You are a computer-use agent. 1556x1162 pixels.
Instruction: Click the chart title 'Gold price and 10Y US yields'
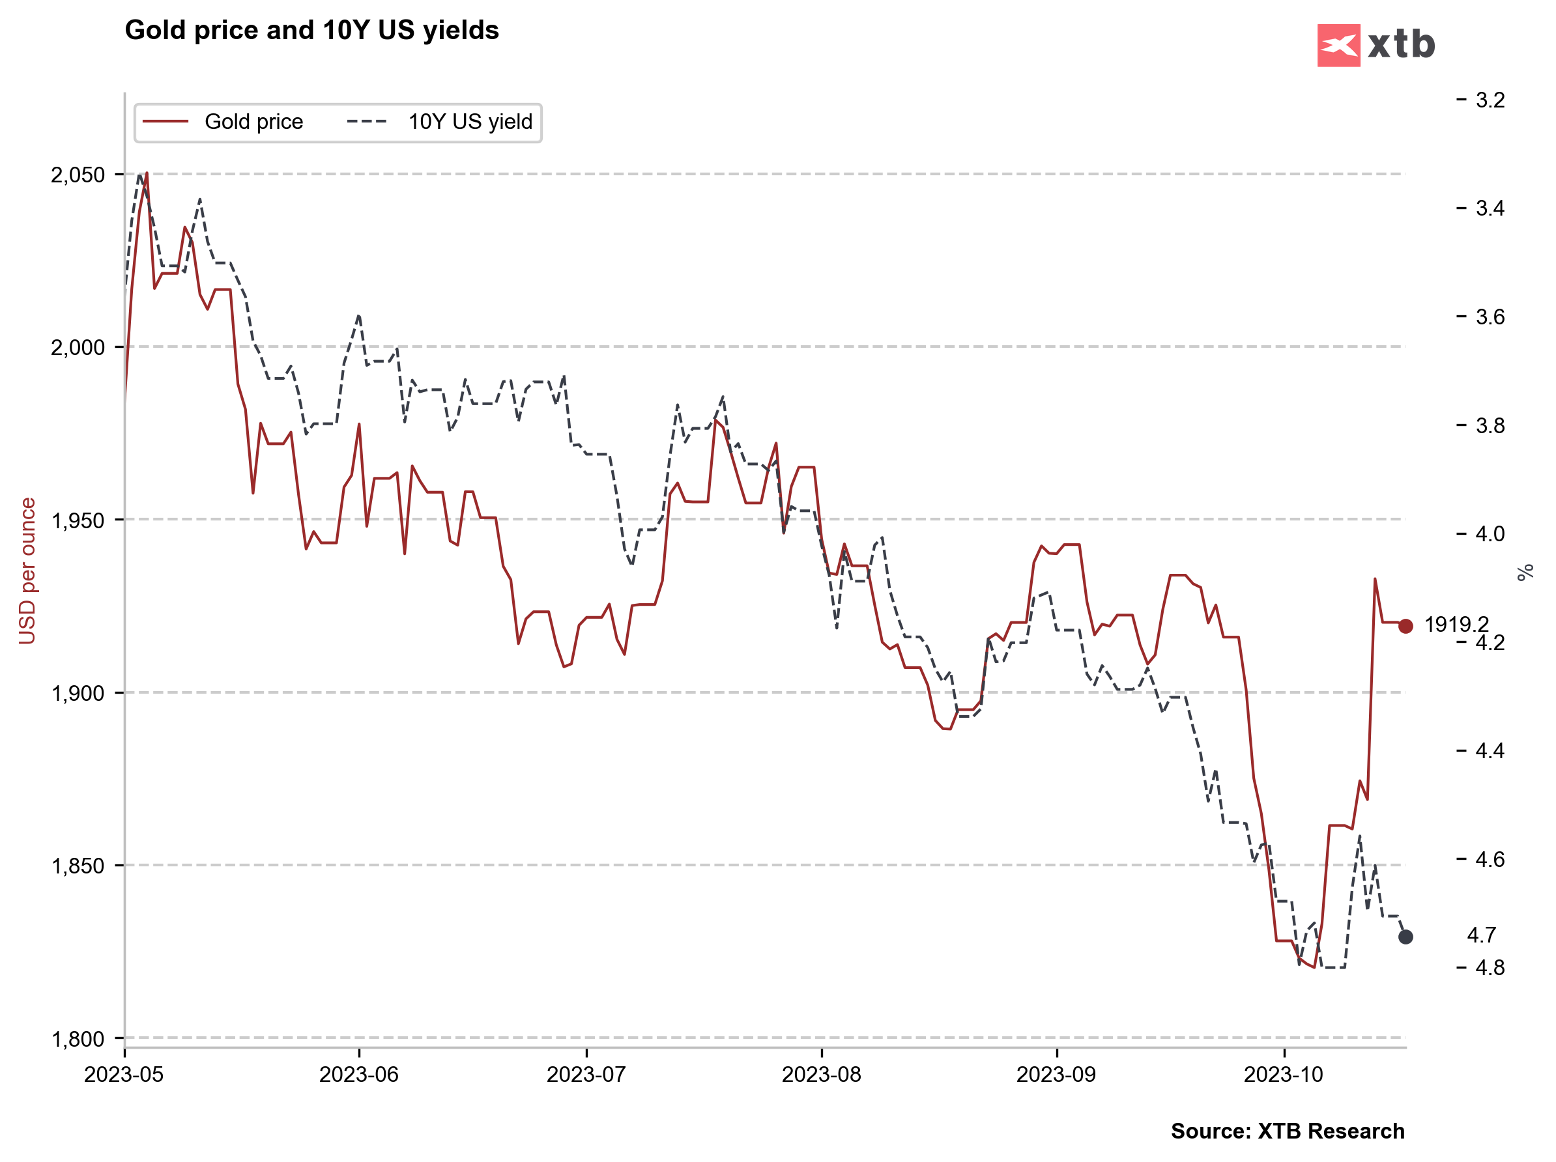[311, 30]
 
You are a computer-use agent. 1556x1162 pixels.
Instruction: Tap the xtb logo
[1376, 45]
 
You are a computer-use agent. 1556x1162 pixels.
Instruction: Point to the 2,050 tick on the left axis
[78, 175]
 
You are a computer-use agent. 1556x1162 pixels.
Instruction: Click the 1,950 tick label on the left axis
[78, 520]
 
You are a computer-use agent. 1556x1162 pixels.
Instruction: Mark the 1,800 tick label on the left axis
[78, 1038]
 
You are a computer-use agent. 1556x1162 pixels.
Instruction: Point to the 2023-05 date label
[124, 1075]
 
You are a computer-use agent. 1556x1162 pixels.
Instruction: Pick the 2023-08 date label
[821, 1075]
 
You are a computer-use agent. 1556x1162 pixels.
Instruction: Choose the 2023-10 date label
[1283, 1075]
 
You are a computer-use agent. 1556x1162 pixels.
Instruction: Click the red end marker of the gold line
[1405, 627]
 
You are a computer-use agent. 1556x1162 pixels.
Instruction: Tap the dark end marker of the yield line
[1405, 937]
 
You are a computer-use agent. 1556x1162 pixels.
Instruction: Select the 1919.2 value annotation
[1456, 624]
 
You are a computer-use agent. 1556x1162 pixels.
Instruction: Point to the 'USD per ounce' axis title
[27, 571]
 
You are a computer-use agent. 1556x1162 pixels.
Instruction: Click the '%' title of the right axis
[1524, 573]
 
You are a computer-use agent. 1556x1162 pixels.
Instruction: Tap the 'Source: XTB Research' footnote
[1288, 1131]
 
